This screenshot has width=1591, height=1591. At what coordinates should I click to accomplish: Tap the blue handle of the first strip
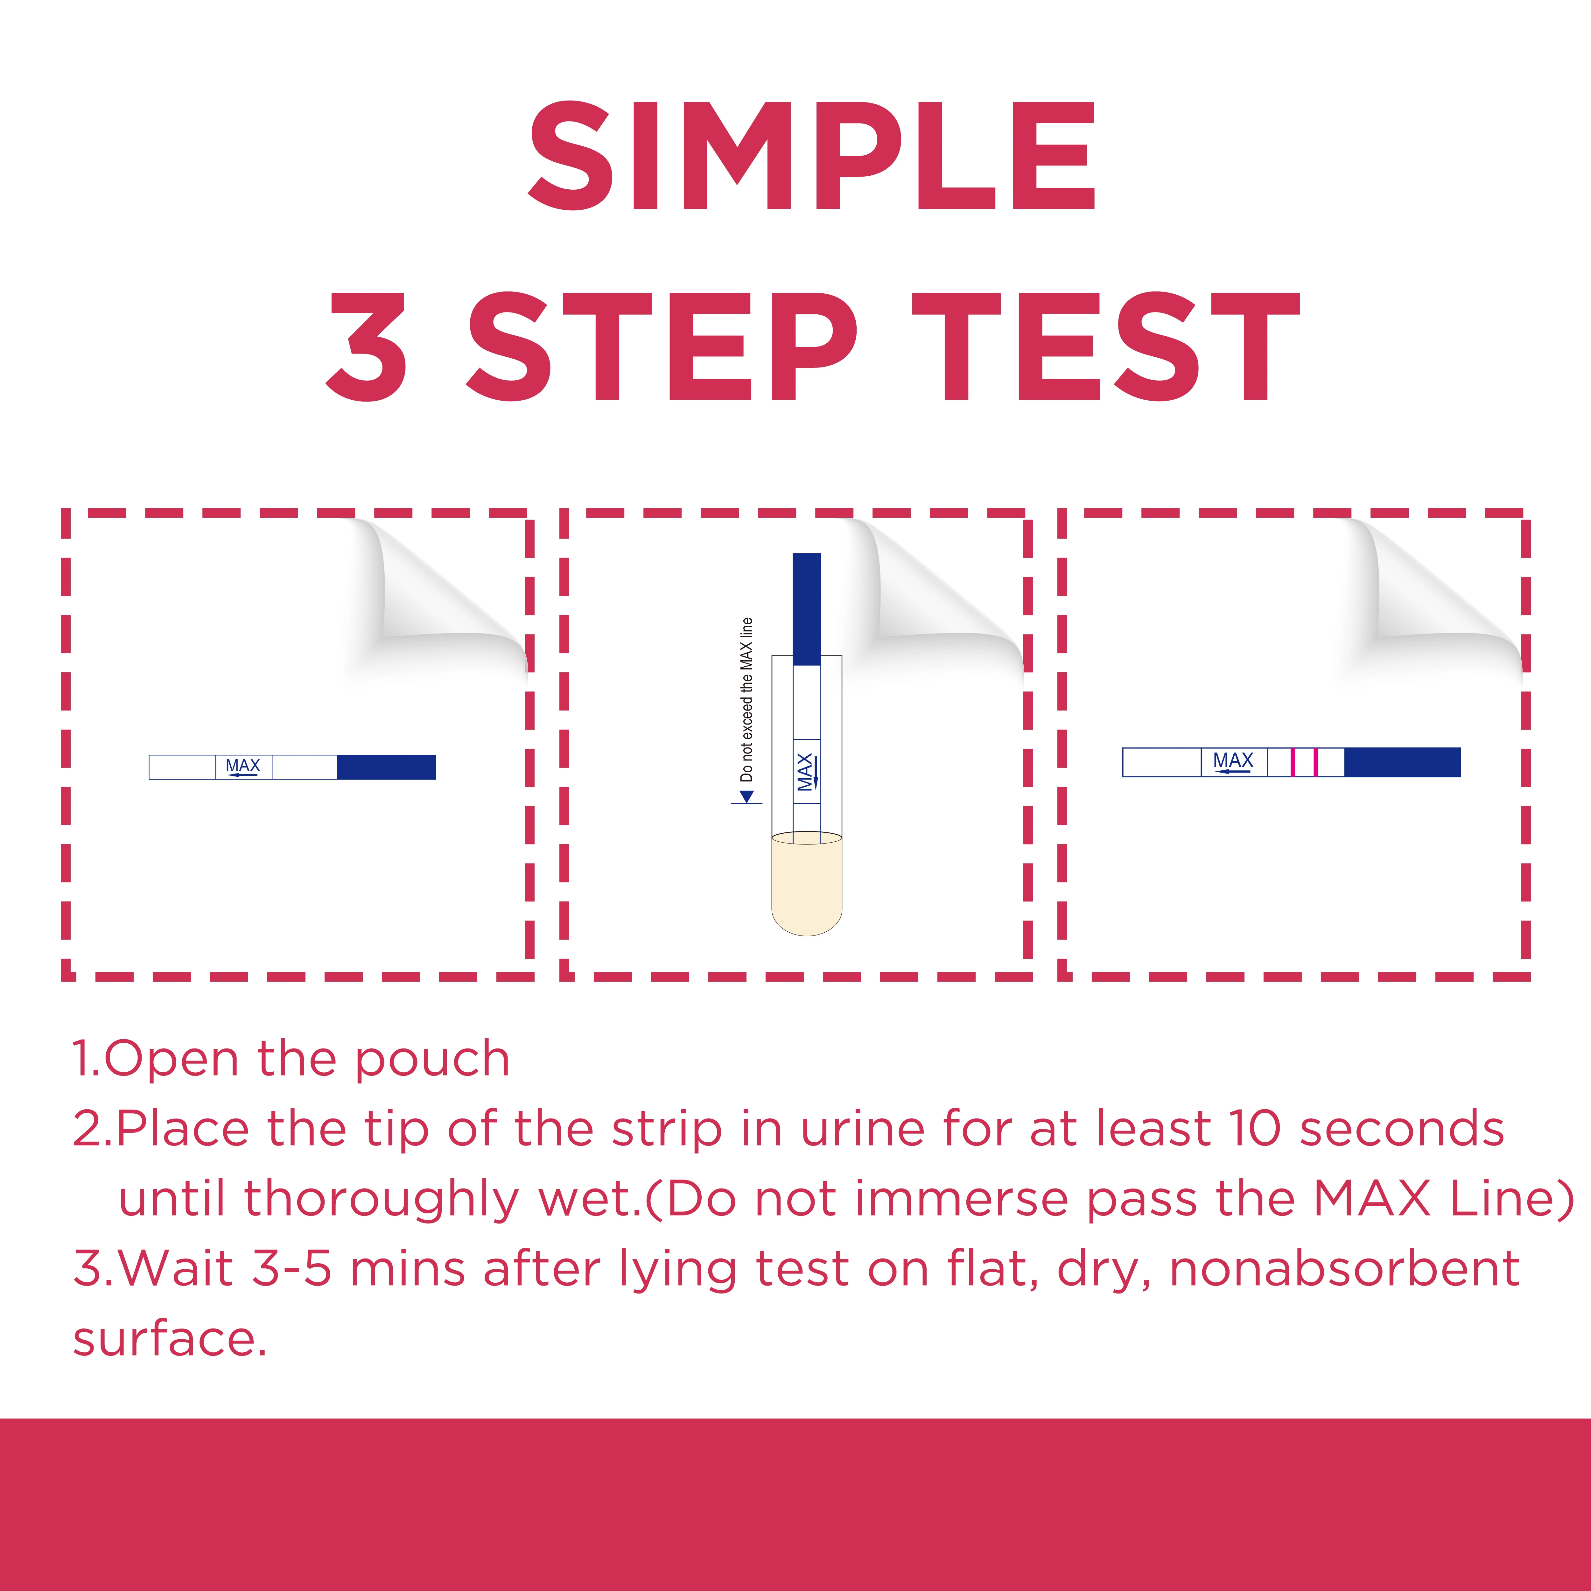pyautogui.click(x=386, y=767)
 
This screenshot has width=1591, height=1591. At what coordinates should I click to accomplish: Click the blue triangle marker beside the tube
pyautogui.click(x=746, y=796)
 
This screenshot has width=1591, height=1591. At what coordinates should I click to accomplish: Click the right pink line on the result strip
pyautogui.click(x=1316, y=762)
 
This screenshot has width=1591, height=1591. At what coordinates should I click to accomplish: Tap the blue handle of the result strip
pyautogui.click(x=1402, y=762)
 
